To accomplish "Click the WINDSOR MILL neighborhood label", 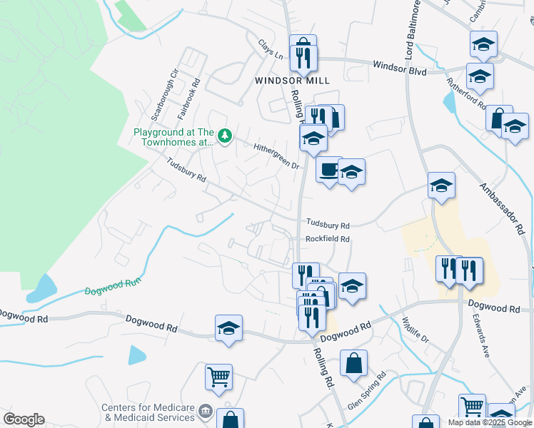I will click(293, 81).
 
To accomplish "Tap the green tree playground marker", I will click(225, 135).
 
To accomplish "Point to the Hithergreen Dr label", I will click(276, 156).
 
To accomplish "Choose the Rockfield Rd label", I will click(328, 240).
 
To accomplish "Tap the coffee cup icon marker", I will click(329, 170).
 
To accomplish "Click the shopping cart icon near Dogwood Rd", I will click(218, 376).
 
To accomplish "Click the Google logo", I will click(24, 419).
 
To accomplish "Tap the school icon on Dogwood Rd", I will click(228, 329).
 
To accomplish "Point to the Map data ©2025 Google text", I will click(489, 422).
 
